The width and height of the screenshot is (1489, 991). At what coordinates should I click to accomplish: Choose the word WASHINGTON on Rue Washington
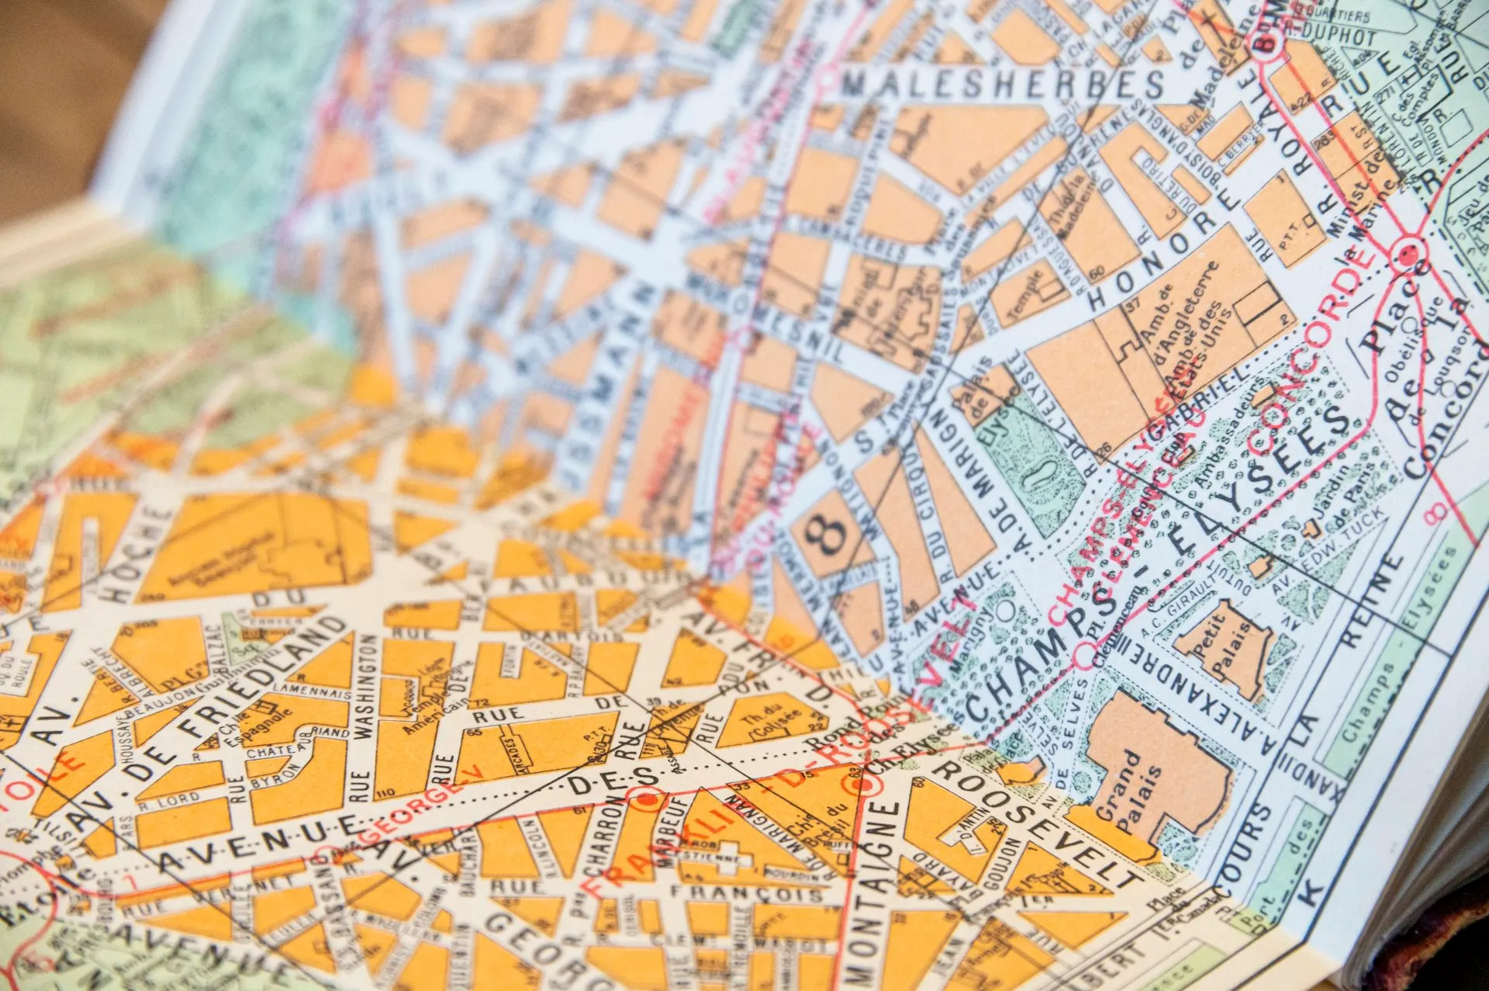(x=364, y=683)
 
